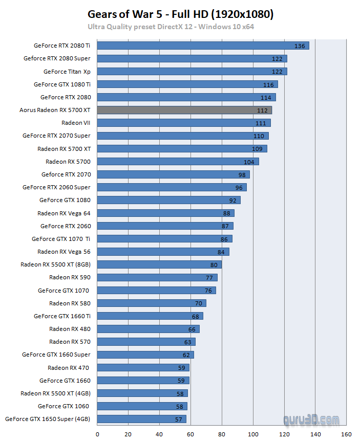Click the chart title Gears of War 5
(x=180, y=14)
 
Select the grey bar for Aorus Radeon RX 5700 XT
(x=184, y=110)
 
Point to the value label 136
(x=300, y=46)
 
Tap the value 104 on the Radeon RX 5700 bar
(x=249, y=162)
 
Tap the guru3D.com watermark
(x=311, y=420)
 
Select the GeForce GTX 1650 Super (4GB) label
(x=48, y=419)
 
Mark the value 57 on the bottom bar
(x=178, y=419)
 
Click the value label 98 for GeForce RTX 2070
(x=242, y=174)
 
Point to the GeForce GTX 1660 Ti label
(x=62, y=316)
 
